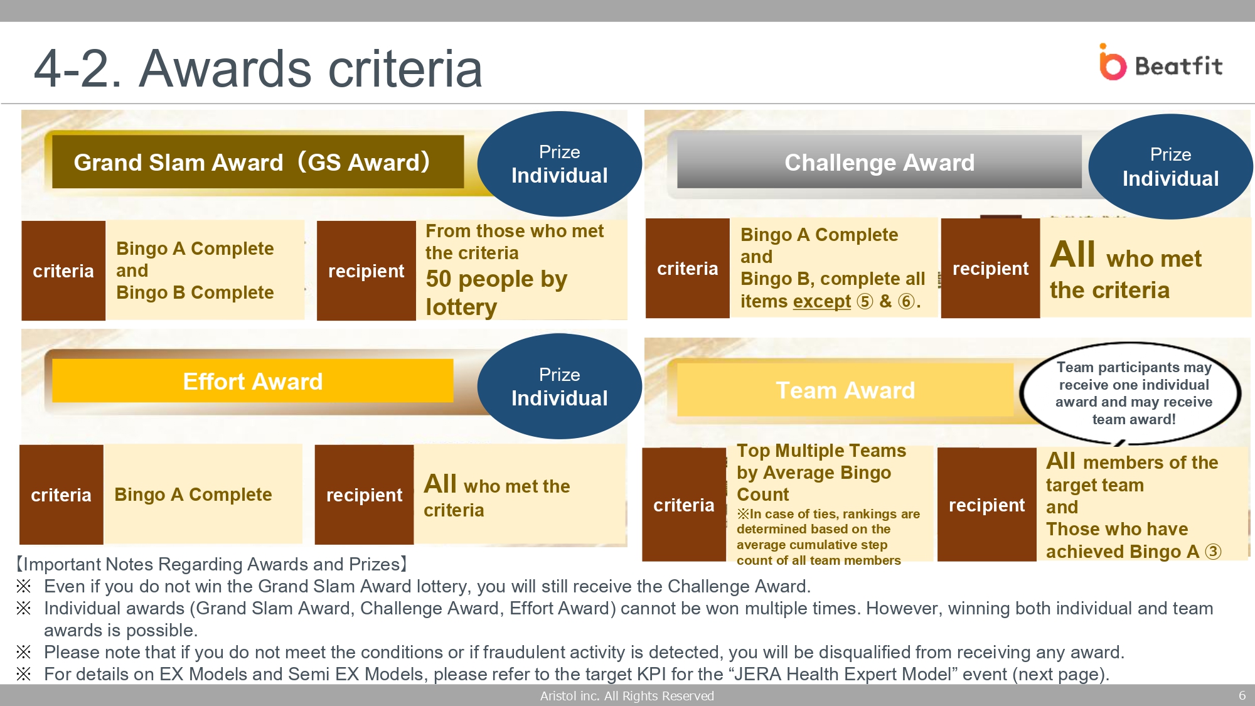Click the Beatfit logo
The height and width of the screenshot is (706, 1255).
1161,62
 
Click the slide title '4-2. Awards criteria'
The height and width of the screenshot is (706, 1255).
258,68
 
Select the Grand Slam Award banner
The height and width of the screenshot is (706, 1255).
258,162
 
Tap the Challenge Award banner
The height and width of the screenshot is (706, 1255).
879,162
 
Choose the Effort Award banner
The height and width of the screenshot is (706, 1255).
252,381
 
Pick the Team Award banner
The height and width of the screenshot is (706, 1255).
845,390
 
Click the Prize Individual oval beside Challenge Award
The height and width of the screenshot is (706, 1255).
1170,166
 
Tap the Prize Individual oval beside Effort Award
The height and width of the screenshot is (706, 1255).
559,386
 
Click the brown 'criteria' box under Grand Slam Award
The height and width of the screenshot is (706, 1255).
63,270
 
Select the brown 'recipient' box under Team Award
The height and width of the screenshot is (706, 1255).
986,505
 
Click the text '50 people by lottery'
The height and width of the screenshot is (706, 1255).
496,292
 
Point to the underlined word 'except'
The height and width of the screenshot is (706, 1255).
822,301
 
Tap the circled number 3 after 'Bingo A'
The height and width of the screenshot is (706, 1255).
1213,552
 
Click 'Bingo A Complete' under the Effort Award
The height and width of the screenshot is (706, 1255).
193,495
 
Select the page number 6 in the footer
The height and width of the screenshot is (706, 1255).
1242,695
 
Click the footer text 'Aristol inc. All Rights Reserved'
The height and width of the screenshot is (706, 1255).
627,695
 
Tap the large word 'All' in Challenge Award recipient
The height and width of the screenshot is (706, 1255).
1073,254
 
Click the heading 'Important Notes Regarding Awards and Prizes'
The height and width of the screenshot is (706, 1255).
212,564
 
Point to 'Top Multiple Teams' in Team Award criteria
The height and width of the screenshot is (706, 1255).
821,451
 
